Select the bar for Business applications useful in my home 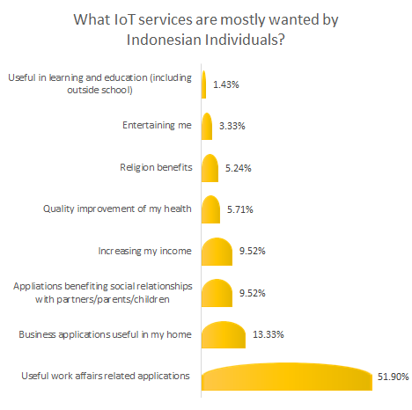tap(223, 335)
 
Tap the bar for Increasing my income tap(217, 252)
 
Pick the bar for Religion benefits tap(210, 168)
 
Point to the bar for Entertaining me tap(208, 127)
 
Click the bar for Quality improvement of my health tap(211, 210)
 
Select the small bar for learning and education tap(204, 84)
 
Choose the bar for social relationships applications tap(217, 294)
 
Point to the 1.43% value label tap(224, 84)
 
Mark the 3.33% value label tap(231, 127)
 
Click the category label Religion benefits tap(155, 167)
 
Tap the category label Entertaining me tap(157, 126)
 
